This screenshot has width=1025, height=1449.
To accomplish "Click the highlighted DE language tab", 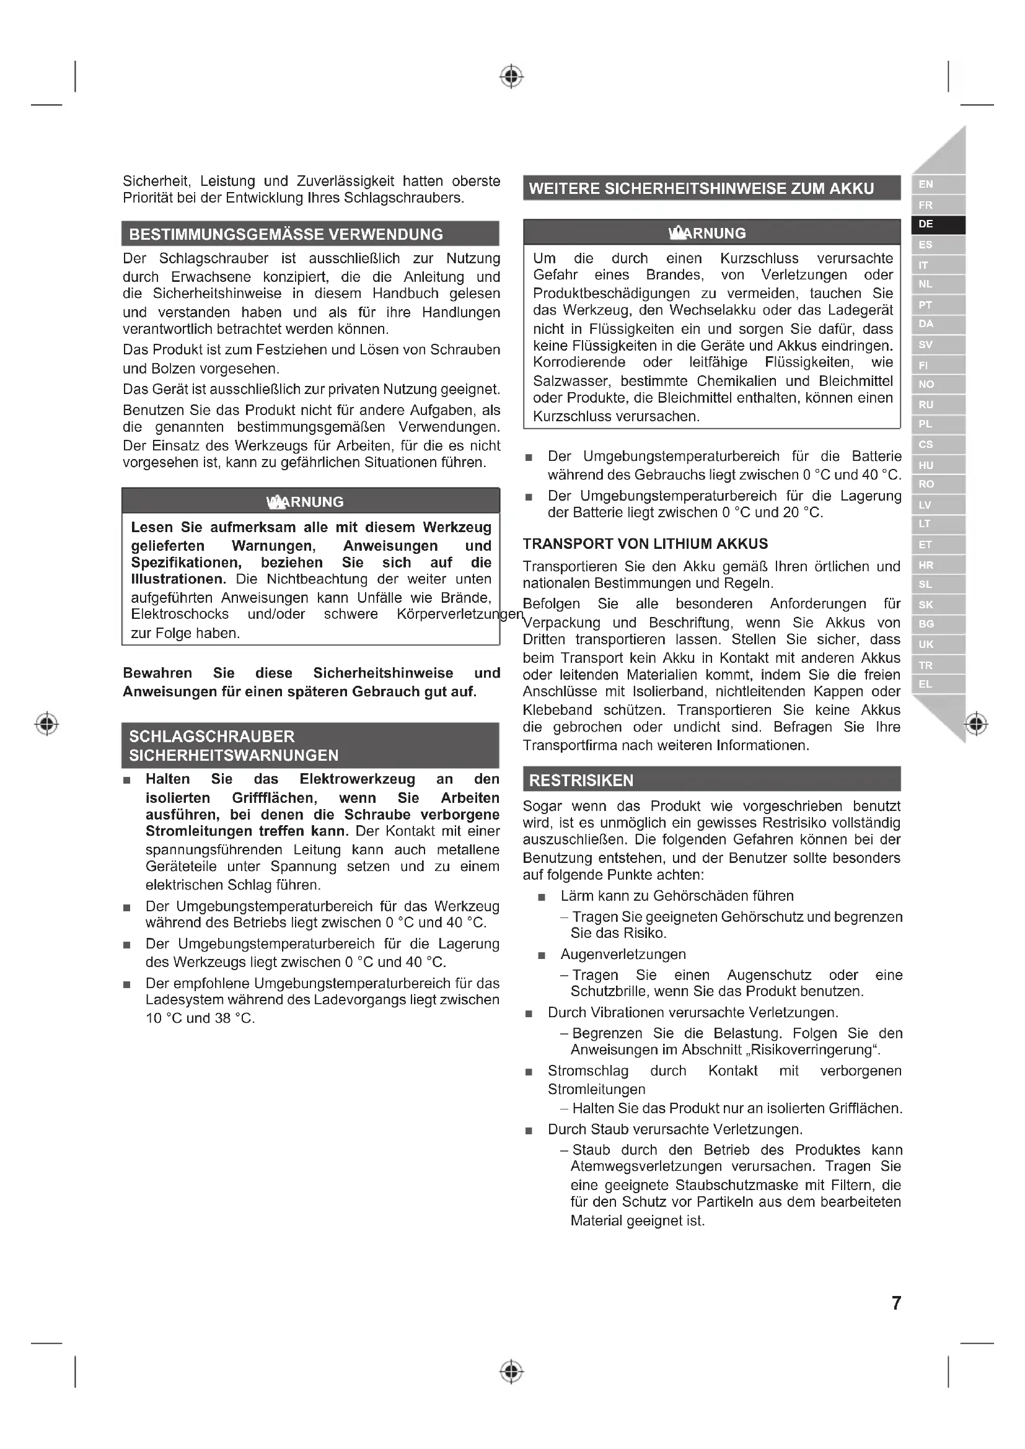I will point(937,225).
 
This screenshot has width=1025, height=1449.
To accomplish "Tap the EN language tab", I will point(937,184).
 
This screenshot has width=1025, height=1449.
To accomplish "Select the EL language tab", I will point(937,684).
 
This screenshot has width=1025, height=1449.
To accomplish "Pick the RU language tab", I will point(937,405).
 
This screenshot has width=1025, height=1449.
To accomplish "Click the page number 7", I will point(896,1303).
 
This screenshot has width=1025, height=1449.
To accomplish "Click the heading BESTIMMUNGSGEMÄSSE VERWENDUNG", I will point(286,234).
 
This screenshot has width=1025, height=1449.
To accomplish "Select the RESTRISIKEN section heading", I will point(581,780).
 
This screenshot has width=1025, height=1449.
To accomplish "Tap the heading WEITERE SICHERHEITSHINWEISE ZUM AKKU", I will point(702,188).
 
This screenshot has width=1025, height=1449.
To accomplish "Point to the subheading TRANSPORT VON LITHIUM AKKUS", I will point(645,543).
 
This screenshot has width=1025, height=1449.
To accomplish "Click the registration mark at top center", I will point(511,77).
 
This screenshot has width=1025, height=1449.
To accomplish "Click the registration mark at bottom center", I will point(511,1371).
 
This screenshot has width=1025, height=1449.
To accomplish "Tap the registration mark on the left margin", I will point(46,723).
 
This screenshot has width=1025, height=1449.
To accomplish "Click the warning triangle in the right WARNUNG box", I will point(677,233).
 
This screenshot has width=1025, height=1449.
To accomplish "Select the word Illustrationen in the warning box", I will point(177,579).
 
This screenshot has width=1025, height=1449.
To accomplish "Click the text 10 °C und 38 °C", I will point(200,1018).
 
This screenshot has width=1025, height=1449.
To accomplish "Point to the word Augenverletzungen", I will point(623,954).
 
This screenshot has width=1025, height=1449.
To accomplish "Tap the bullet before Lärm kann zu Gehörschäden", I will point(542,897).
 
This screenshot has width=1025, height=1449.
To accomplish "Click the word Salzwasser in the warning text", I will point(572,381).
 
